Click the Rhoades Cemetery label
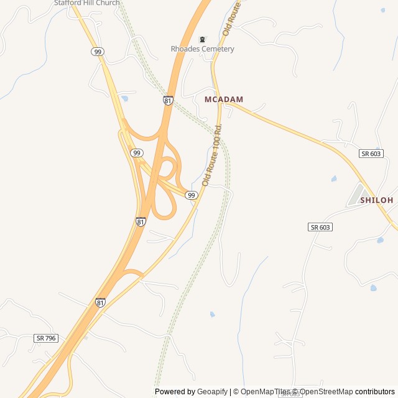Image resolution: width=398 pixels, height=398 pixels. point(203,49)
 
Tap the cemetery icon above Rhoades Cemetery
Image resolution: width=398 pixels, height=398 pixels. point(201,40)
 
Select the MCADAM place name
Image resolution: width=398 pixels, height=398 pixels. point(224,99)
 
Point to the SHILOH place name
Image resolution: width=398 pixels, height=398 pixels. point(376,200)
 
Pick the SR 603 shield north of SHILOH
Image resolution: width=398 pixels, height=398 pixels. point(371,154)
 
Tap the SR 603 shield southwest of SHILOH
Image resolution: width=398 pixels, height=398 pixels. point(320,227)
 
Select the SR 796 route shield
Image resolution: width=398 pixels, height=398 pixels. point(46,338)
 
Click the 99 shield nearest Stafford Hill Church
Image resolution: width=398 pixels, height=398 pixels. point(98,52)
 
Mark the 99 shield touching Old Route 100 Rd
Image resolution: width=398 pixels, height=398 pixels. point(192,195)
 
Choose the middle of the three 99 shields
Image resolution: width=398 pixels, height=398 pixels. point(137,153)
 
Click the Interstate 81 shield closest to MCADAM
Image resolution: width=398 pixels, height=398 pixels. point(169,99)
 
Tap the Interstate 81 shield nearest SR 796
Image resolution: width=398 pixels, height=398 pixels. point(101,302)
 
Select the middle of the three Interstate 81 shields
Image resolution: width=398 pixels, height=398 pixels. point(141,221)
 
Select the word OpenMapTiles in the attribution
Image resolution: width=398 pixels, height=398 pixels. point(266,392)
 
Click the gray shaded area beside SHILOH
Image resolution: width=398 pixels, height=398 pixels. point(355,195)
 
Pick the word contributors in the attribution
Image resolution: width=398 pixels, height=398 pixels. point(375,392)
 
